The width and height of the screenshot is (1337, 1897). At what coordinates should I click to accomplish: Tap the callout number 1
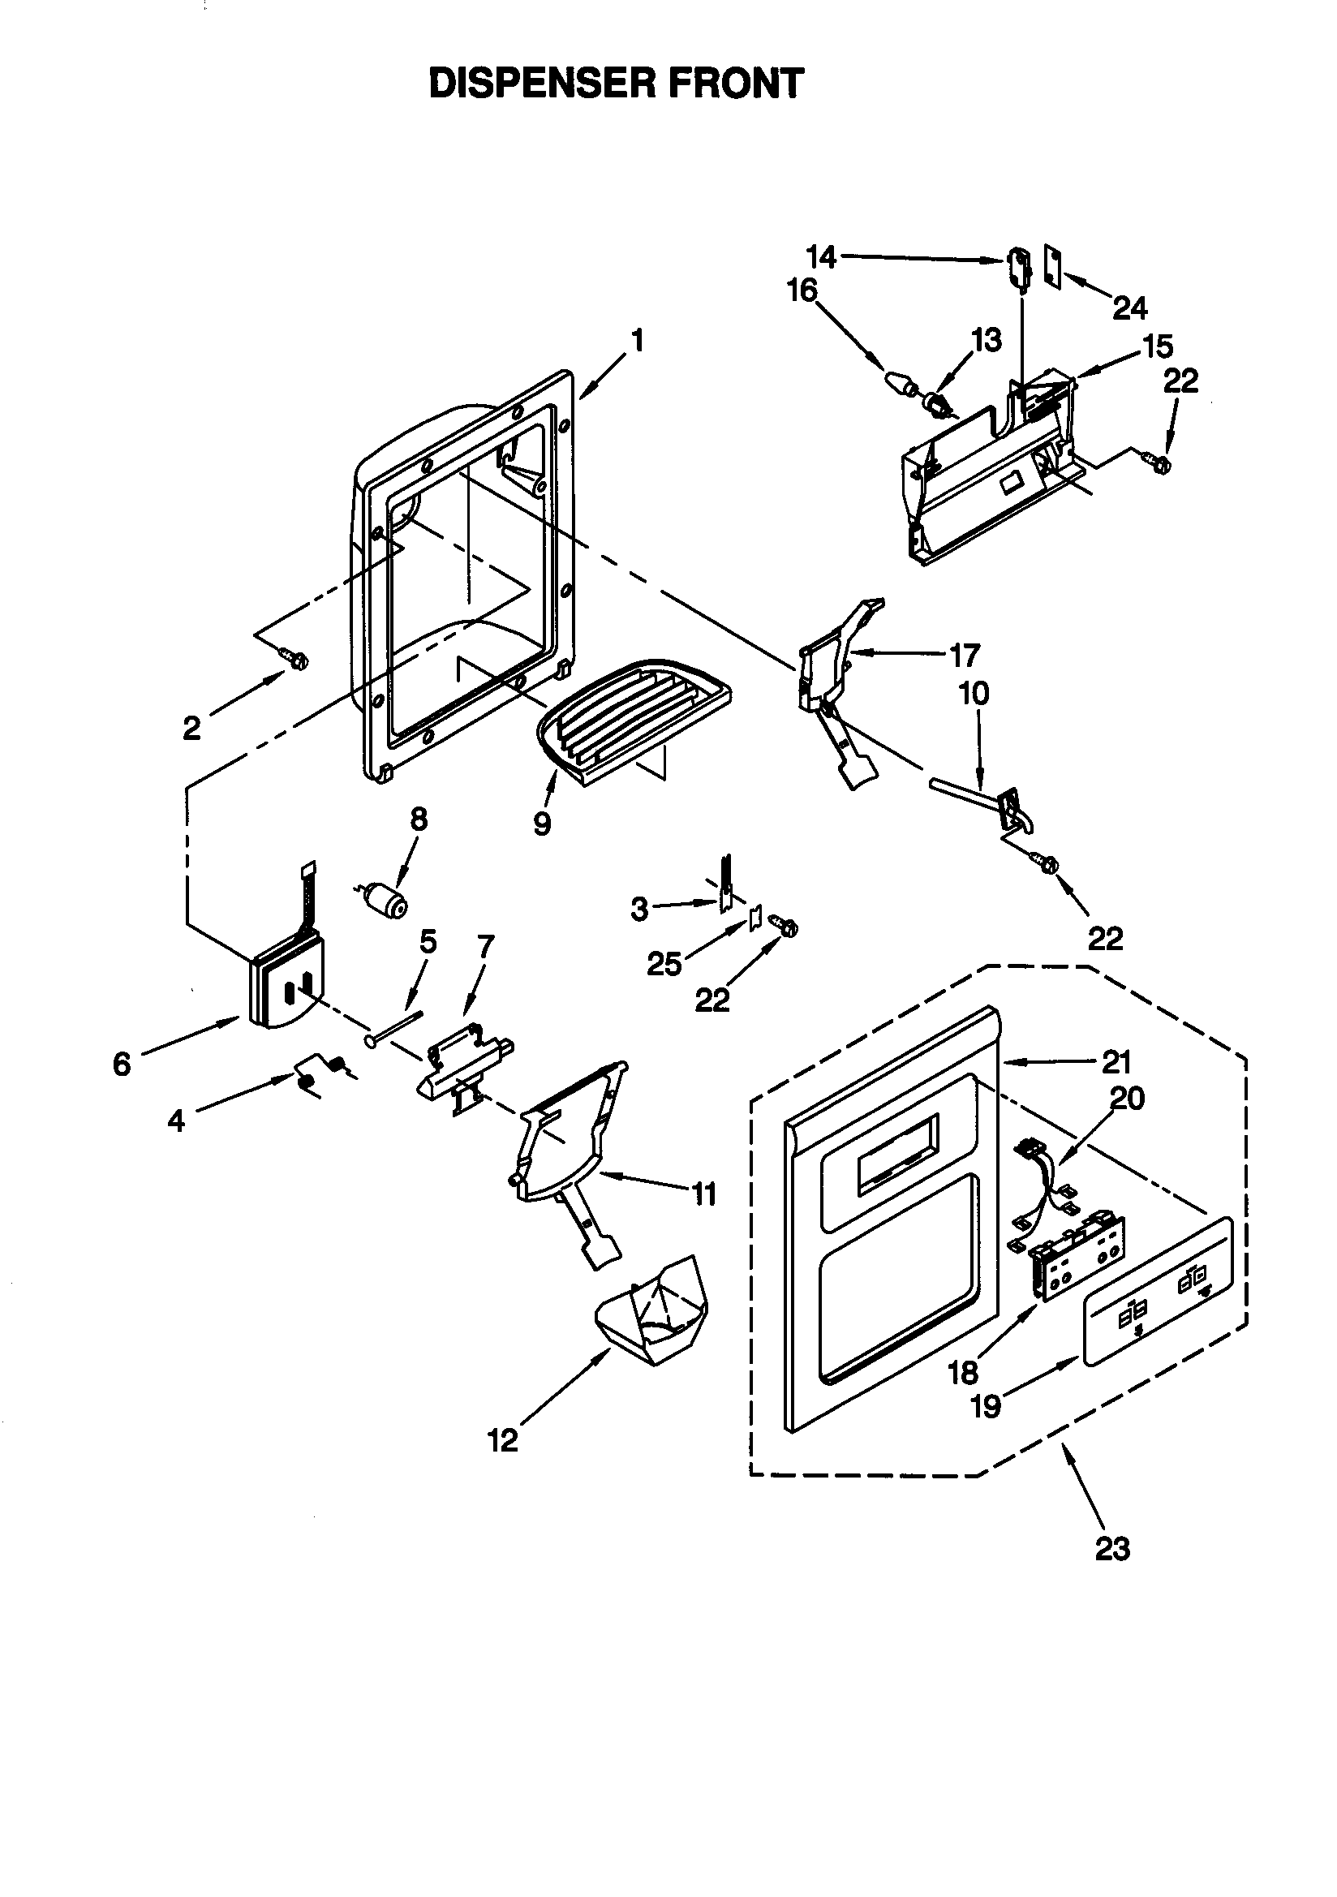coord(636,340)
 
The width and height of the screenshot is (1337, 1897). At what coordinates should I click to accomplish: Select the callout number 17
coord(964,656)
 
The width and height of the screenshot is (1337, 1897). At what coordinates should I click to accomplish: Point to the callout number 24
coord(1129,308)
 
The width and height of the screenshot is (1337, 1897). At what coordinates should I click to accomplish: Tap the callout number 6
coord(122,1065)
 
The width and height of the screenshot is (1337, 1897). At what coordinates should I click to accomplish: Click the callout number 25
coord(664,963)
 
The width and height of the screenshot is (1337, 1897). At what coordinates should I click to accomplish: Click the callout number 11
coord(703,1194)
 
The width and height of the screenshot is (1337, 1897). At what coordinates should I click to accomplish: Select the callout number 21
coord(1116,1062)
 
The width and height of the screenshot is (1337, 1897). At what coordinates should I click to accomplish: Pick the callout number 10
coord(974,693)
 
